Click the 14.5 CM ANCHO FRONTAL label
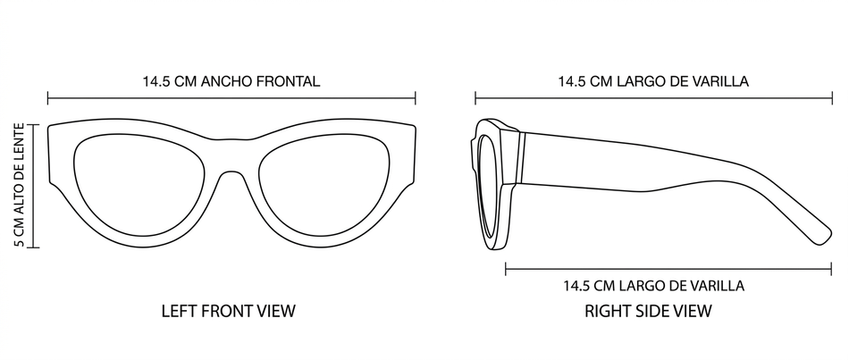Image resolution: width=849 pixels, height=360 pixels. pos(231,81)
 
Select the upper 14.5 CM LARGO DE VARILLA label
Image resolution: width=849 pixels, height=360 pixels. pos(652,81)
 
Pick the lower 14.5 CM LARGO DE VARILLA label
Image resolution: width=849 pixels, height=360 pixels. pos(653,286)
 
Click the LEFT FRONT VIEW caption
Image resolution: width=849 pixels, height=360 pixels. pos(228,311)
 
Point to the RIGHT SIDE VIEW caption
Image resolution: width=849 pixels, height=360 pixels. pos(648,311)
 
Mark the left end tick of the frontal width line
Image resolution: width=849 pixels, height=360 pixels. pos(48,97)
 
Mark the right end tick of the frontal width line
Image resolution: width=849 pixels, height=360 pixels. pos(416,97)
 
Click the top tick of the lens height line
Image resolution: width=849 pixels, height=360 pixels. pos(35,124)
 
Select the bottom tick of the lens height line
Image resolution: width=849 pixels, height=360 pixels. pos(35,246)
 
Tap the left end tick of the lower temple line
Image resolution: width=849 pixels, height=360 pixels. pos(506,267)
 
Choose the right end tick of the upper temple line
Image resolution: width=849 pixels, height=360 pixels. pos(831,97)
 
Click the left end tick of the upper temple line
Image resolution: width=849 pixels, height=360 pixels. pos(475,97)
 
